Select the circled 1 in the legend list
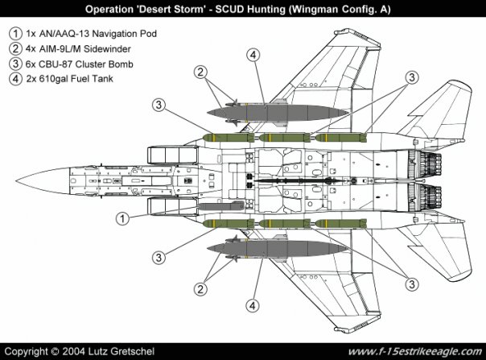(x=15, y=34)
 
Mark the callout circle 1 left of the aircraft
(x=123, y=217)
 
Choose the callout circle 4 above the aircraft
(x=253, y=55)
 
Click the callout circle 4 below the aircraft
(x=253, y=305)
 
